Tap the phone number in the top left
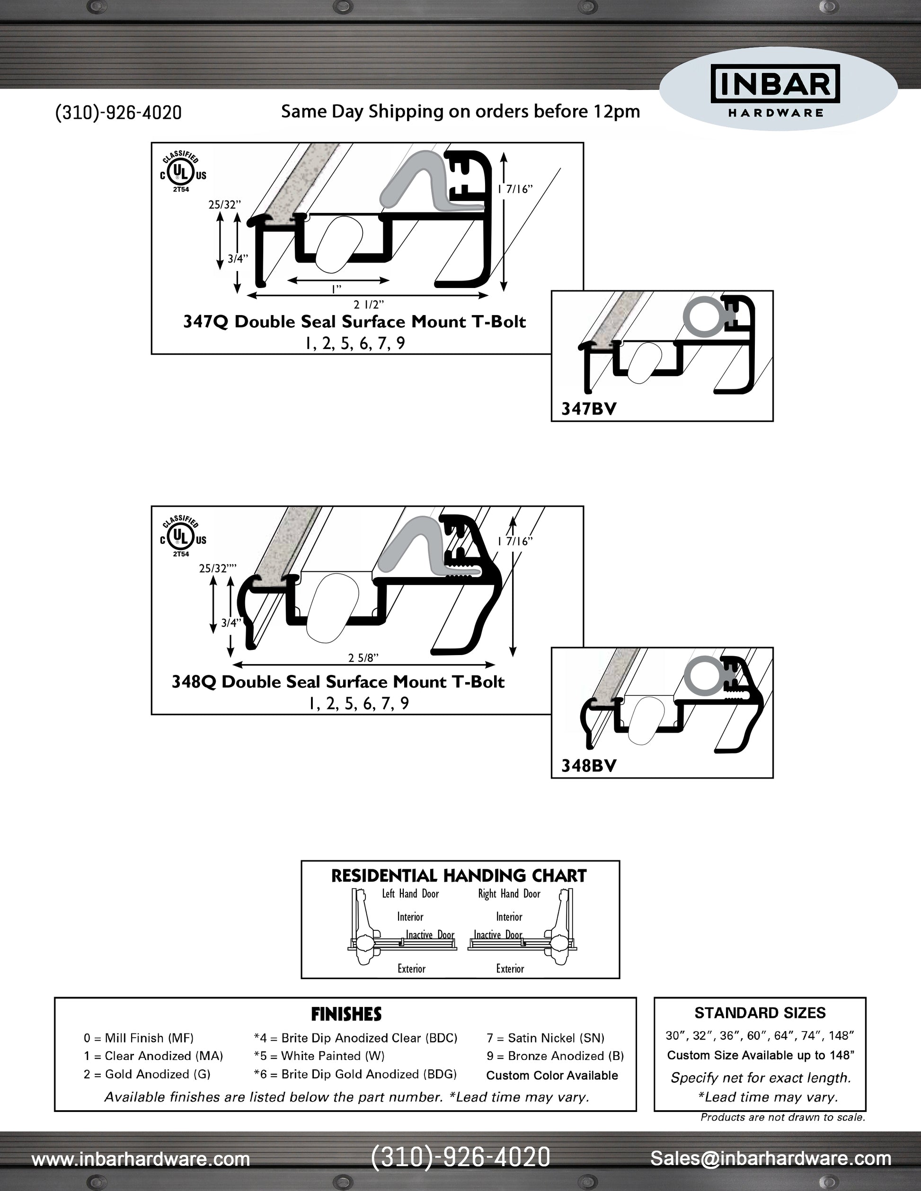pos(118,113)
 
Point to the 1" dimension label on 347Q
pos(336,289)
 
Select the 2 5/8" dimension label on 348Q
pos(363,657)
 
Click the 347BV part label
pos(589,409)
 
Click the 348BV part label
pos(589,766)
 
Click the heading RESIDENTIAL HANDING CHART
pos(459,876)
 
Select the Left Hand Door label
pos(410,894)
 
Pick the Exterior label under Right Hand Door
pos(510,969)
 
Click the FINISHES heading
pos(346,1014)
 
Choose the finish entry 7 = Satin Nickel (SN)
pos(545,1038)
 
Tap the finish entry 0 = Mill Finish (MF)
pos(139,1038)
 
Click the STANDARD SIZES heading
pos(760,1013)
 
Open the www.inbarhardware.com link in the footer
pos(141,1158)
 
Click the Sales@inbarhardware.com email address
pos(770,1158)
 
